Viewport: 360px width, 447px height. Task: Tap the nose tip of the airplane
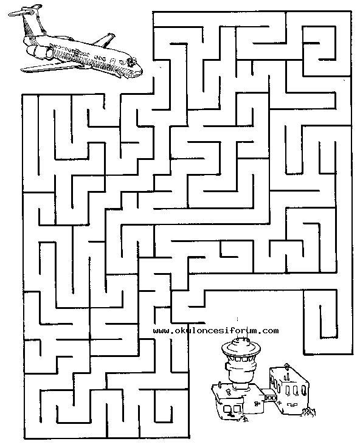click(141, 71)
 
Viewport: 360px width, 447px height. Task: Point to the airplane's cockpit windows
click(132, 61)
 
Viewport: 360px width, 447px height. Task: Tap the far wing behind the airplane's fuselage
click(105, 40)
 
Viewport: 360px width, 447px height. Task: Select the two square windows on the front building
click(232, 409)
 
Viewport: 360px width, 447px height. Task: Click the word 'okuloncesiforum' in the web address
click(217, 331)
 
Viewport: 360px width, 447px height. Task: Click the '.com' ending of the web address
click(269, 331)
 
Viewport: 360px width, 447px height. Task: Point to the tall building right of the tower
click(289, 389)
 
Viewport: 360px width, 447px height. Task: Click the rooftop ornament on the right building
click(286, 365)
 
